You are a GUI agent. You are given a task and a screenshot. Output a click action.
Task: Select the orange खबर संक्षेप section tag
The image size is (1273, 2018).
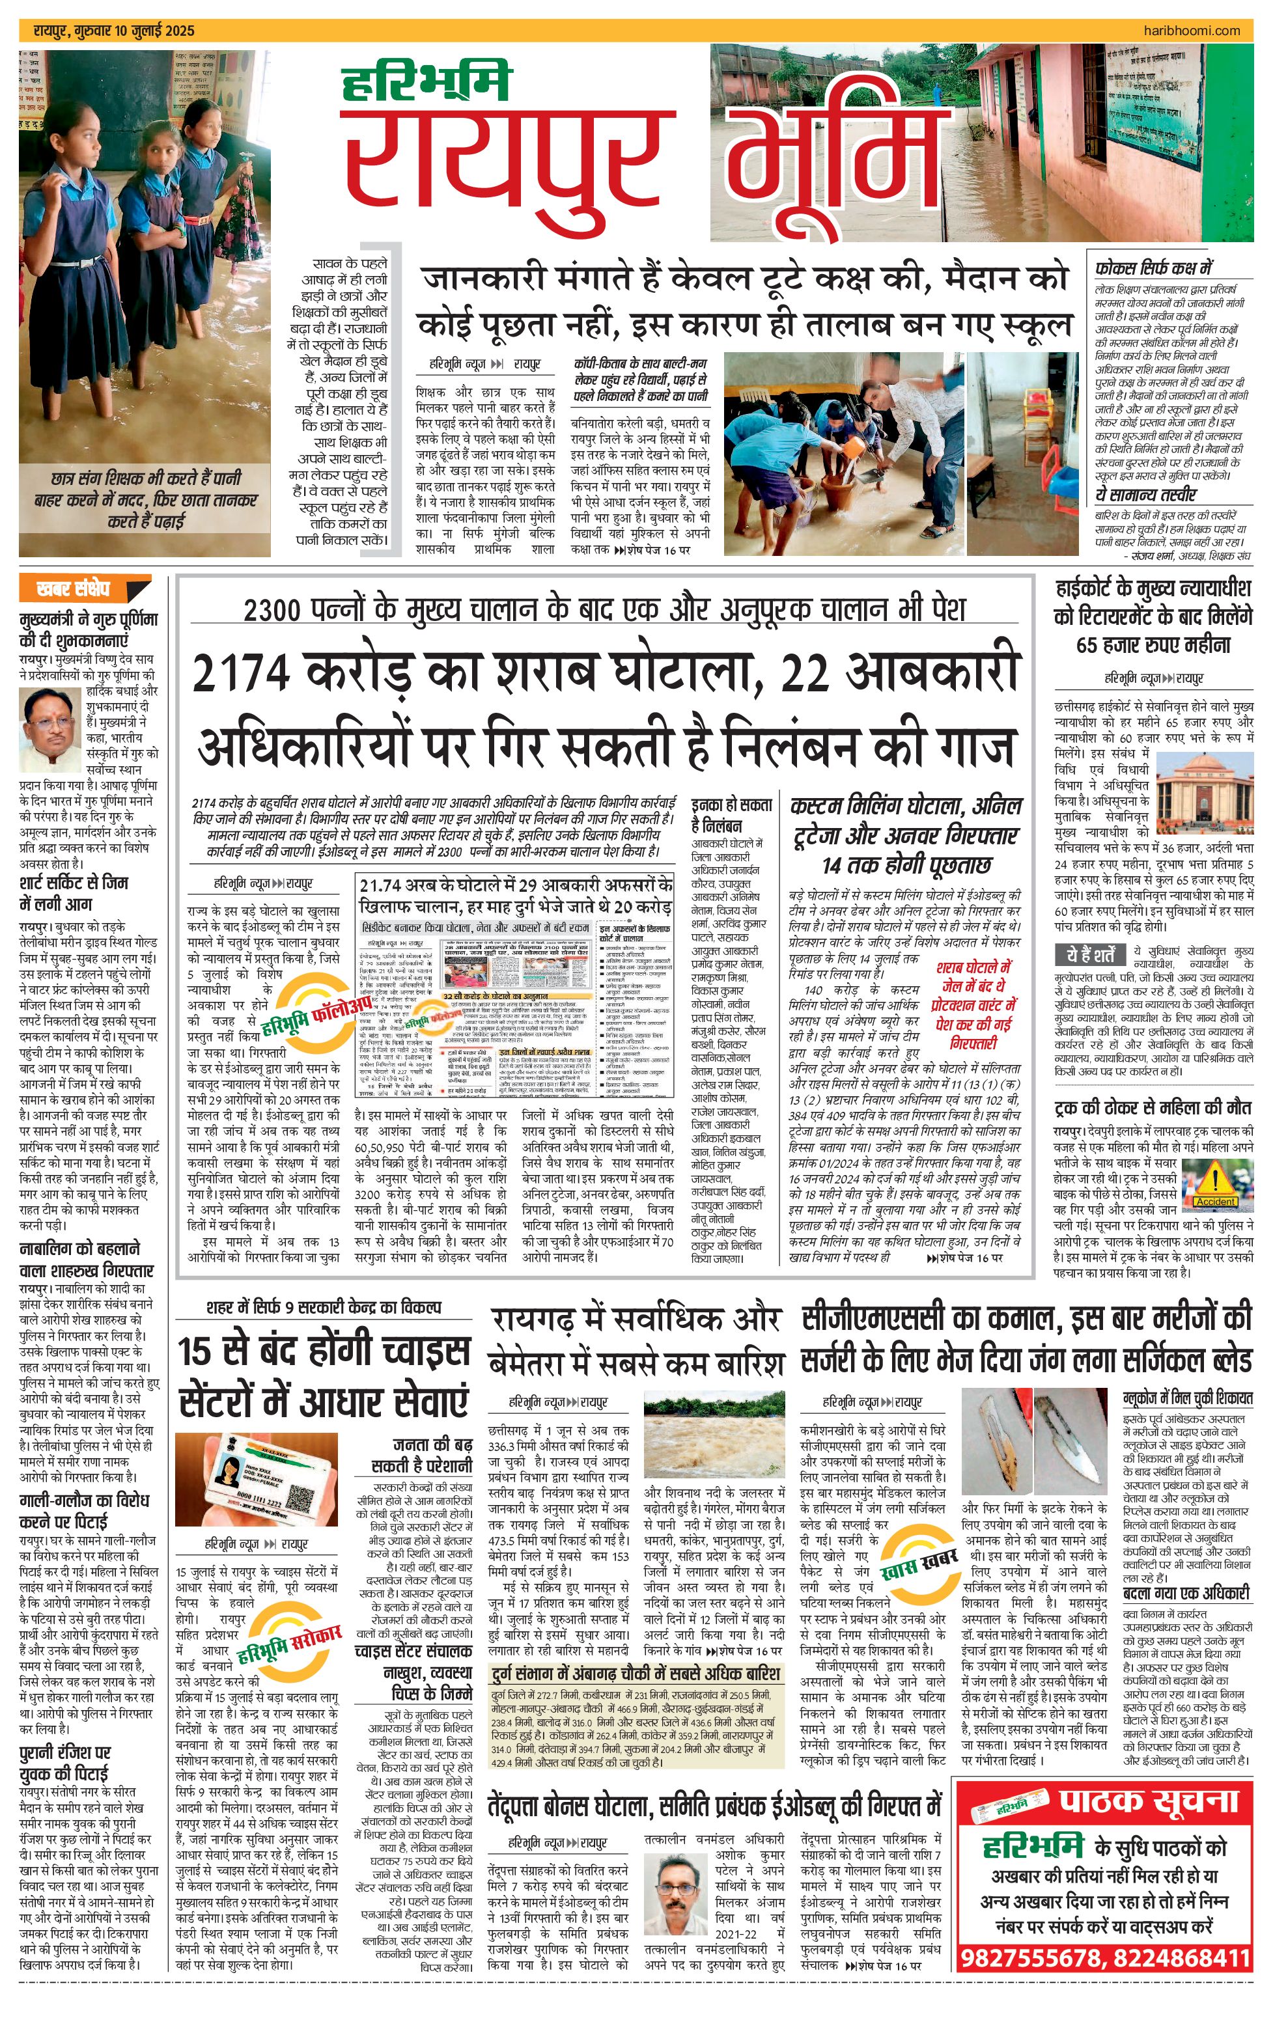(74, 588)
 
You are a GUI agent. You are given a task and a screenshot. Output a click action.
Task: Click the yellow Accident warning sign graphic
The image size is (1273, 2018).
(1215, 1182)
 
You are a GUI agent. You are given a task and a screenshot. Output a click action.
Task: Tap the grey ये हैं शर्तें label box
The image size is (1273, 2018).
(1090, 956)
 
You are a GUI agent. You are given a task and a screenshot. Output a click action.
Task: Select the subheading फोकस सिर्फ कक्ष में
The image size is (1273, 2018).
(1153, 268)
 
